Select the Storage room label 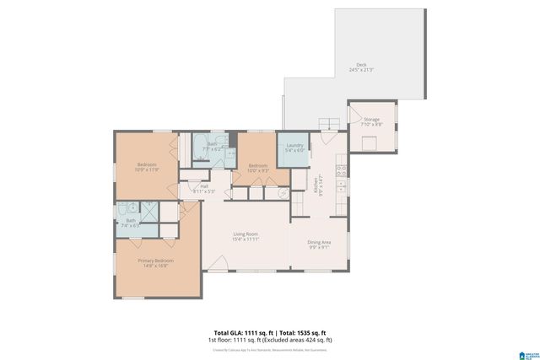372,121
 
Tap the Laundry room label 294,148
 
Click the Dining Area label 319,244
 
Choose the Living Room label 246,236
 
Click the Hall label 203,189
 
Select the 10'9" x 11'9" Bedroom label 148,166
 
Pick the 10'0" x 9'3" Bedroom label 257,168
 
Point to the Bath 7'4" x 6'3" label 131,223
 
